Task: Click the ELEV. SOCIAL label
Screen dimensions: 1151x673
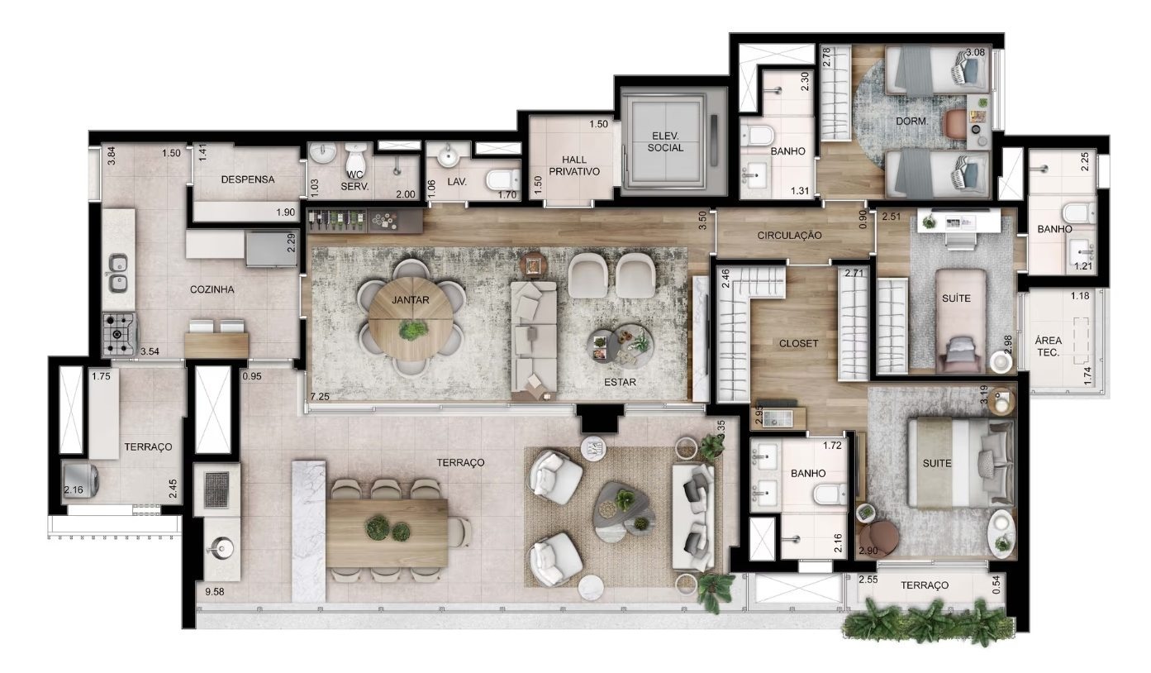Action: coord(665,142)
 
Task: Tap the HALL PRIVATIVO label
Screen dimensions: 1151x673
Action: coord(574,165)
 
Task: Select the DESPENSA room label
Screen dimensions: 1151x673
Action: coord(248,179)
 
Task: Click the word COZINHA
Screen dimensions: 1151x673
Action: coord(212,289)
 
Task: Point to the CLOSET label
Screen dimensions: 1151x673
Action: coord(798,343)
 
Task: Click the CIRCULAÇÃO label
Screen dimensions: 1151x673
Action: coord(789,236)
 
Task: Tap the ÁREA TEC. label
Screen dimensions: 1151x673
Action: coord(1049,346)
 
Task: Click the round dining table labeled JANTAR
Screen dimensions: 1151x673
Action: coord(411,319)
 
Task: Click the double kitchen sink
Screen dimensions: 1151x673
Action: coord(117,274)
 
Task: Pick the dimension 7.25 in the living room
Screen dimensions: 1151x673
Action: coord(320,396)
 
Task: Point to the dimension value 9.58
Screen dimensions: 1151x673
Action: coord(214,592)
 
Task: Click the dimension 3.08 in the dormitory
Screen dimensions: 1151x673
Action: coord(975,52)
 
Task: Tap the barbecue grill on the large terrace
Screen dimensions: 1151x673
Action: coord(216,490)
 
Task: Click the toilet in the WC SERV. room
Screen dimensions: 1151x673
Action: coord(355,155)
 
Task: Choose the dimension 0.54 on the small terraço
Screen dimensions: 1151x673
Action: coord(996,585)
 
